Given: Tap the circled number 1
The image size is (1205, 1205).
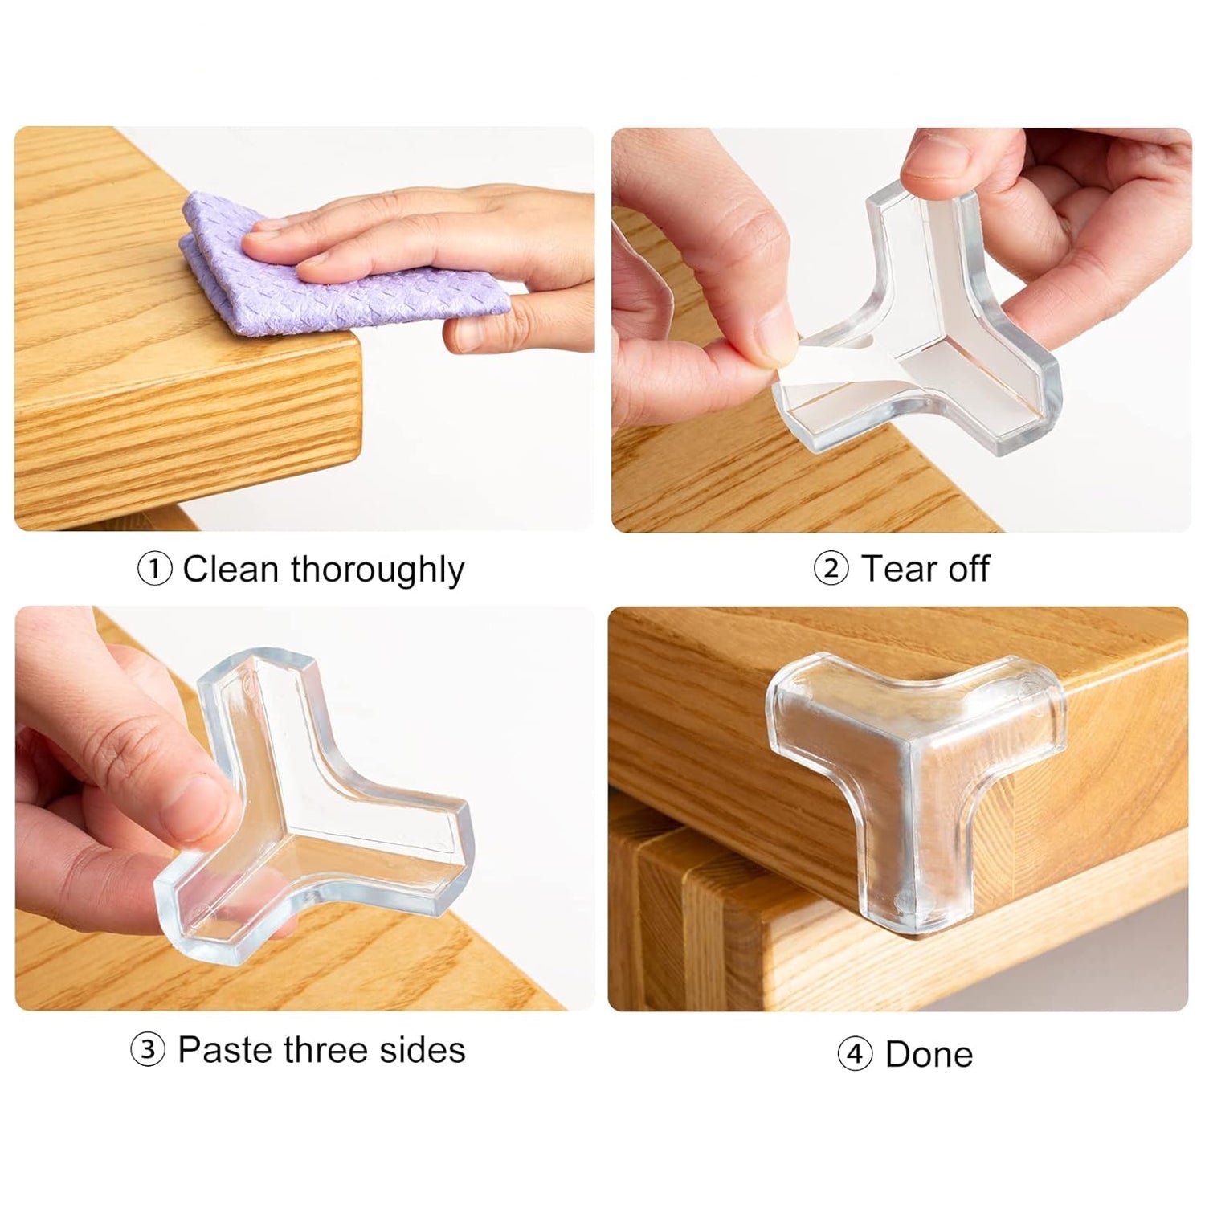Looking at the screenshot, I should click(x=154, y=570).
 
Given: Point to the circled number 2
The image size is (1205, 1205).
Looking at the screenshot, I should click(x=831, y=569).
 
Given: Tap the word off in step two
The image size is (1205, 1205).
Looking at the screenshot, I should click(x=969, y=569).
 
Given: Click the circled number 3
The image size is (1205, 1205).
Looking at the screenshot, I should click(x=148, y=1050).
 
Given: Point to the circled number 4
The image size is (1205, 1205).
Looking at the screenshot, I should click(x=855, y=1053).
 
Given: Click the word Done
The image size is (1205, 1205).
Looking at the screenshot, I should click(x=929, y=1054).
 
